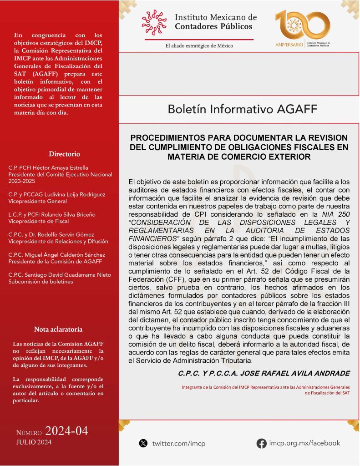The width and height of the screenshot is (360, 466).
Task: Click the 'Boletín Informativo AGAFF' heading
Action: coord(242,109)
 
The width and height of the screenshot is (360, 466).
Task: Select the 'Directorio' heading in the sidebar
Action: coord(64,154)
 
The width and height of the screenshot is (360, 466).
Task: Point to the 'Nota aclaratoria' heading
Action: coord(58,329)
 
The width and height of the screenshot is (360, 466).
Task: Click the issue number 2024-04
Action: coord(66,431)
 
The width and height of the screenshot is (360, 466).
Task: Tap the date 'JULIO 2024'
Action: coord(34,442)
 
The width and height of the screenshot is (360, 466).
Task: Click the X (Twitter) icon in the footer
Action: coord(143,443)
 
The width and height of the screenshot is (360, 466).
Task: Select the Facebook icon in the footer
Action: coord(262,443)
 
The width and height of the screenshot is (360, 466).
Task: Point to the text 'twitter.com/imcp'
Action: coord(178,443)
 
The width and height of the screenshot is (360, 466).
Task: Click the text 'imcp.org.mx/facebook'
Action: coord(304,443)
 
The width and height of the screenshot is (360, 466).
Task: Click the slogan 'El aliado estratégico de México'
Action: coord(199,46)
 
